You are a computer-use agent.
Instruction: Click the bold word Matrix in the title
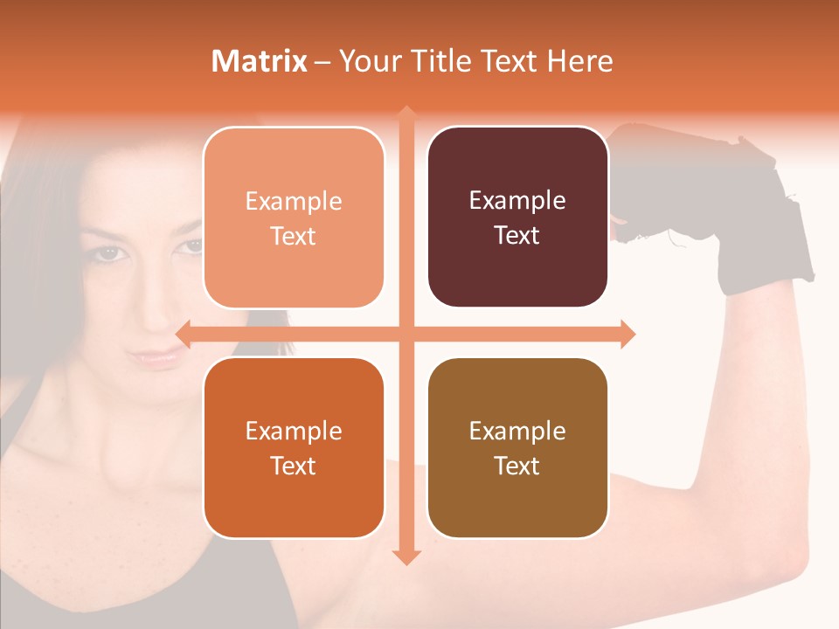pyautogui.click(x=259, y=61)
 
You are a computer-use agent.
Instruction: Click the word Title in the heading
pyautogui.click(x=444, y=61)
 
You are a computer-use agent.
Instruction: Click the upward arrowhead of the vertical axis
pyautogui.click(x=406, y=114)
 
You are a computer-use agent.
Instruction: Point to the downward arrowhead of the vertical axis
pyautogui.click(x=406, y=556)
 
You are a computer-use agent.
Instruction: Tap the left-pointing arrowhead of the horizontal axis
pyautogui.click(x=184, y=334)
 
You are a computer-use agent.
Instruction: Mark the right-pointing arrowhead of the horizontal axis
pyautogui.click(x=628, y=334)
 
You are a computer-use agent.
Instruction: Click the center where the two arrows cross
pyautogui.click(x=406, y=334)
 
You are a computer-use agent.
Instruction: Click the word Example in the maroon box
pyautogui.click(x=517, y=201)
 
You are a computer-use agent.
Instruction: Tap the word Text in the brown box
pyautogui.click(x=517, y=466)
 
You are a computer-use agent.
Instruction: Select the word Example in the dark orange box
pyautogui.click(x=294, y=431)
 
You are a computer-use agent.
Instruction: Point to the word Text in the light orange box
pyautogui.click(x=294, y=236)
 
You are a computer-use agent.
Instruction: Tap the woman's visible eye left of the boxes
pyautogui.click(x=107, y=252)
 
